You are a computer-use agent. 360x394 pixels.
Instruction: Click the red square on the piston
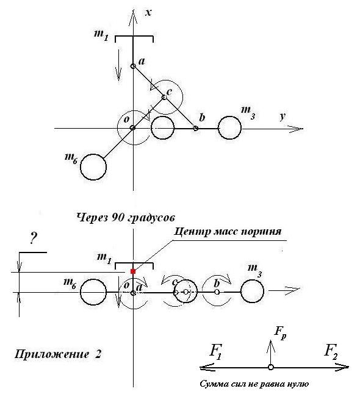[133, 271]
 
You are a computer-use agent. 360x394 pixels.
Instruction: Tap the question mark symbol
[33, 238]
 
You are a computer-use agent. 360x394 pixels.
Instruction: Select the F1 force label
[216, 351]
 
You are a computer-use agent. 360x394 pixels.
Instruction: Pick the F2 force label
[331, 351]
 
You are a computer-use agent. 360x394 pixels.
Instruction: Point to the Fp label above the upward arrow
[280, 332]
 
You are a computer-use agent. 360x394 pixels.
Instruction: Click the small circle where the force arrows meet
[270, 367]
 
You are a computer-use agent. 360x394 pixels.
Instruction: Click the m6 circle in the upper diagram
[93, 167]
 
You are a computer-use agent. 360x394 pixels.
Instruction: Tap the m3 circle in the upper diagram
[230, 127]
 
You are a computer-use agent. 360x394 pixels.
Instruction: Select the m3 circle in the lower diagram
[252, 291]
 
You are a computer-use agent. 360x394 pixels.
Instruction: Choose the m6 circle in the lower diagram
[93, 292]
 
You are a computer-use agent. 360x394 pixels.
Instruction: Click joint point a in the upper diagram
[133, 66]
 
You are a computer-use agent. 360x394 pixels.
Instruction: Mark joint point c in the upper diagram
[164, 97]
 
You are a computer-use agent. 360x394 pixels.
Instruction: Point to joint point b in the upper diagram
[195, 129]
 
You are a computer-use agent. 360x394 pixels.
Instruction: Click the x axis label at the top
[148, 12]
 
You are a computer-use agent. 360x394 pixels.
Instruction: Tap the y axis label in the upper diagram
[283, 116]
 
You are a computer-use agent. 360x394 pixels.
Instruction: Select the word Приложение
[52, 354]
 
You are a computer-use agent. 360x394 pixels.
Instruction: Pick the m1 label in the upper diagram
[101, 35]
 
